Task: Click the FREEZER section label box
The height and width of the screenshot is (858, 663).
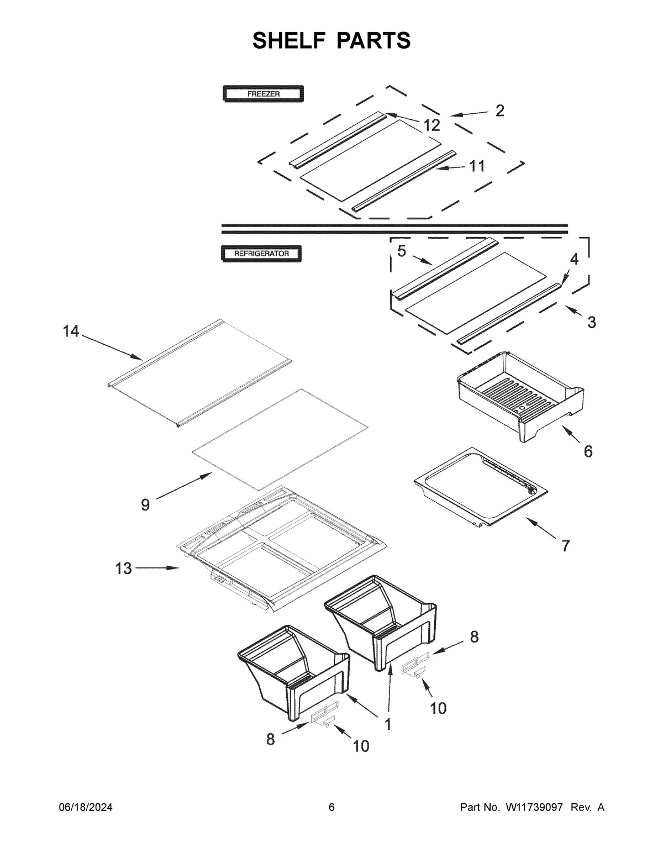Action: click(263, 94)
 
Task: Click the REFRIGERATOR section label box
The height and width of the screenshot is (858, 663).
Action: click(262, 254)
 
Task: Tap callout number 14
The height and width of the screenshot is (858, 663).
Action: click(71, 331)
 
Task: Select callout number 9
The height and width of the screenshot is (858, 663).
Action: click(145, 505)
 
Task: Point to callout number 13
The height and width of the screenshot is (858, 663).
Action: click(124, 568)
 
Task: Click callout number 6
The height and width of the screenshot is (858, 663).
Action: click(588, 451)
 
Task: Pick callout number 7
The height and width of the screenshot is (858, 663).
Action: click(565, 546)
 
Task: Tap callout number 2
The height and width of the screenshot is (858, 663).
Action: click(499, 110)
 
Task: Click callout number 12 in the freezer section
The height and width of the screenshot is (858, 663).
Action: click(432, 125)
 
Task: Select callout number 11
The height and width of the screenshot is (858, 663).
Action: click(477, 166)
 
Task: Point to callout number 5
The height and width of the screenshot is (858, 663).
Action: click(402, 251)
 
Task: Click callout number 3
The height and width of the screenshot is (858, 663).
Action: click(592, 322)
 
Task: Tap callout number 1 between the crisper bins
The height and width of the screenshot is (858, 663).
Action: click(388, 724)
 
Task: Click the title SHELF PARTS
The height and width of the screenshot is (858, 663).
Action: click(331, 40)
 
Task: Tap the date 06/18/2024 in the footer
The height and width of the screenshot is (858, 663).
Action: click(86, 808)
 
